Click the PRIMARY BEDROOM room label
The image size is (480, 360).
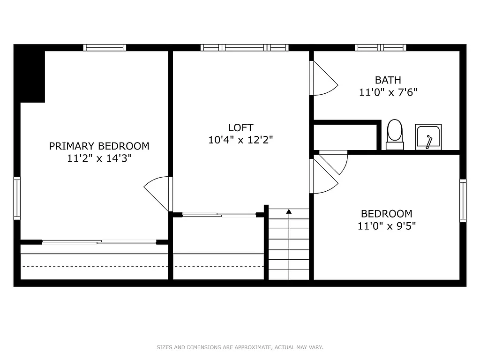click(x=99, y=146)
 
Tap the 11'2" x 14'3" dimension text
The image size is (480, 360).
click(x=99, y=158)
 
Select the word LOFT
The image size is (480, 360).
click(x=240, y=127)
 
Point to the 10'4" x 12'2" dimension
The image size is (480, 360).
click(x=240, y=140)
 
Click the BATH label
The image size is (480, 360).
click(x=388, y=80)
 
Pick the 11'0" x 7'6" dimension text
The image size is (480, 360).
click(x=388, y=92)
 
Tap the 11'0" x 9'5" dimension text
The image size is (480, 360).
click(x=386, y=226)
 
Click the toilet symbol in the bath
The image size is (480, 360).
click(x=395, y=134)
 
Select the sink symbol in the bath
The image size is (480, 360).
click(x=428, y=137)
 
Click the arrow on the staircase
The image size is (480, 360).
click(x=289, y=212)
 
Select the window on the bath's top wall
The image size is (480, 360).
click(x=380, y=47)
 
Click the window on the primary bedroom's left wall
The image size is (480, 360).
click(x=17, y=198)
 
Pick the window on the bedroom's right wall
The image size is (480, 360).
click(x=463, y=201)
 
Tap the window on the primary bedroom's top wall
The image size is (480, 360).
click(x=105, y=47)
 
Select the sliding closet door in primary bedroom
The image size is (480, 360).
click(x=99, y=242)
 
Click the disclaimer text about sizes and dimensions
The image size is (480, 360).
click(x=240, y=347)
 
